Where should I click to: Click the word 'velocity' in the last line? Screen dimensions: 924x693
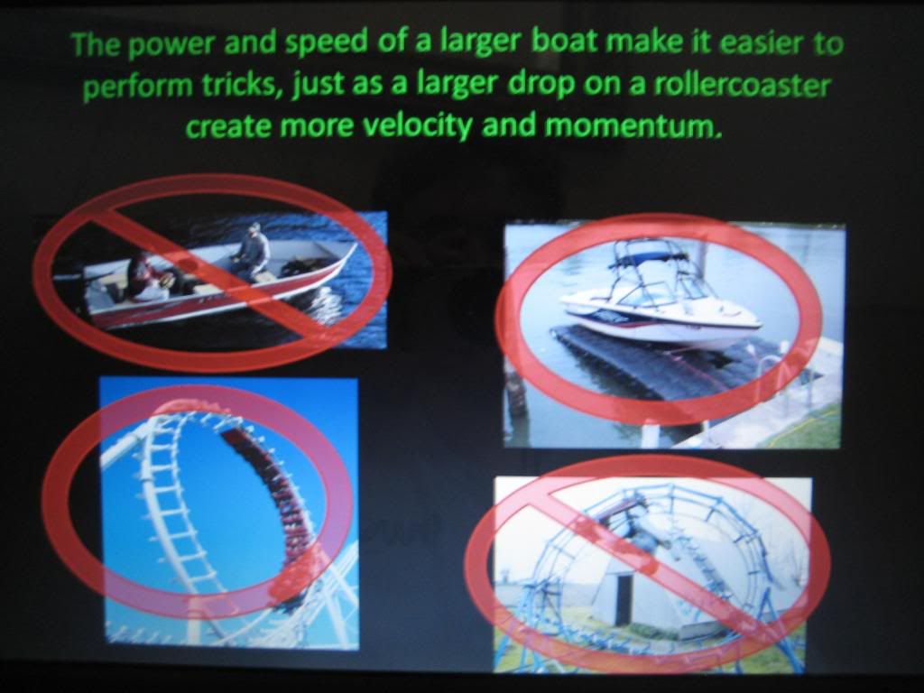pyautogui.click(x=416, y=126)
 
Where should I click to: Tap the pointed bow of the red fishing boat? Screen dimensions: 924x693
pyautogui.click(x=353, y=247)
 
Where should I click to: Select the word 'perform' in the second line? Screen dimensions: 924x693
pyautogui.click(x=138, y=88)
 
